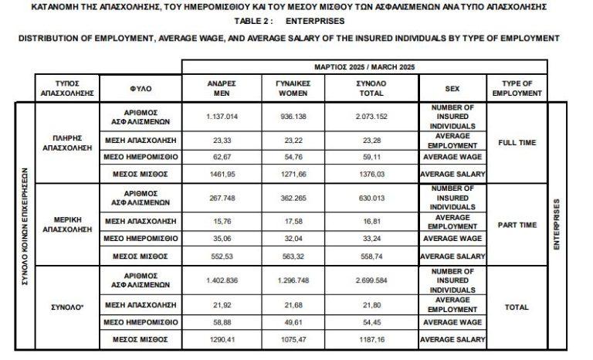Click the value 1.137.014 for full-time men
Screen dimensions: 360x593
click(221, 116)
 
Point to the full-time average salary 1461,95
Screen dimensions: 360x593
click(221, 174)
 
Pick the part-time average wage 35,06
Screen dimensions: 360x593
click(221, 239)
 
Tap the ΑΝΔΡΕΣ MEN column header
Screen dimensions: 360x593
click(221, 88)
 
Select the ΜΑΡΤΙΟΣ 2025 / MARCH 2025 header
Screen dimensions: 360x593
click(364, 67)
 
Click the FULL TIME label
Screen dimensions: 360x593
click(517, 143)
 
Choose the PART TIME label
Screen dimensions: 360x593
click(517, 225)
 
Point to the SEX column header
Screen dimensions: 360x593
click(452, 88)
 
